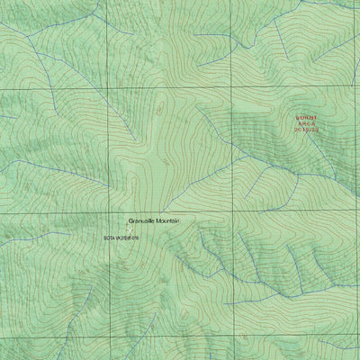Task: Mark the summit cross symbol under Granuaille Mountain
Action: pyautogui.click(x=127, y=227)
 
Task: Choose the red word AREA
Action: pyautogui.click(x=308, y=123)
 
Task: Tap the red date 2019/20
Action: pyautogui.click(x=308, y=130)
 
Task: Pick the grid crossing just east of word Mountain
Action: pyautogui.click(x=234, y=213)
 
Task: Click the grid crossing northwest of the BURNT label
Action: pyautogui.click(x=234, y=91)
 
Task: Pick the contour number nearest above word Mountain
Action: pyautogui.click(x=167, y=162)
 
